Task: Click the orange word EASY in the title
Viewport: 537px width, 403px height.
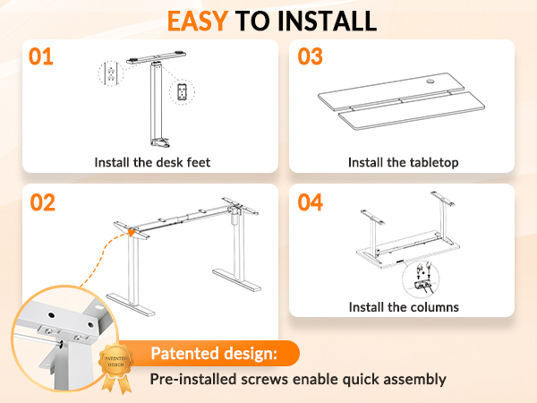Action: [198, 21]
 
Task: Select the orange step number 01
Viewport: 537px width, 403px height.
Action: [41, 56]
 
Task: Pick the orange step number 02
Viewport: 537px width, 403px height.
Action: [42, 202]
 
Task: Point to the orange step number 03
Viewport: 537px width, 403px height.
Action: [310, 56]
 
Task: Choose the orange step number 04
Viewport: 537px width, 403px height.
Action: [310, 202]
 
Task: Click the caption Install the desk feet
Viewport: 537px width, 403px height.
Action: [152, 162]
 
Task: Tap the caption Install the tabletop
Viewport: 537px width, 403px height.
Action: [403, 162]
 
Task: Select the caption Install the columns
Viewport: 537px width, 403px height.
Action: [404, 307]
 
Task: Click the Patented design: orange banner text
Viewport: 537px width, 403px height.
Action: [214, 354]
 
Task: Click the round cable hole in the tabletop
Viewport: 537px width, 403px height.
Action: [430, 81]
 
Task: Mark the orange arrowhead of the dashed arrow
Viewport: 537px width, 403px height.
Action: [132, 233]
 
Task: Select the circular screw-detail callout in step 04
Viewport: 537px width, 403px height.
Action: [421, 279]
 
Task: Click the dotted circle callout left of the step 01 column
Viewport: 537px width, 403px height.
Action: [111, 73]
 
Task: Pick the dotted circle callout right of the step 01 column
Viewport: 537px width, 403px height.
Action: [183, 92]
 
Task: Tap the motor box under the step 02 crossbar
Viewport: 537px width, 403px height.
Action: [235, 216]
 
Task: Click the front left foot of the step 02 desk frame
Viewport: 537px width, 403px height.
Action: [131, 304]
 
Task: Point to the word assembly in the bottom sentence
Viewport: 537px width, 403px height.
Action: [414, 380]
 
